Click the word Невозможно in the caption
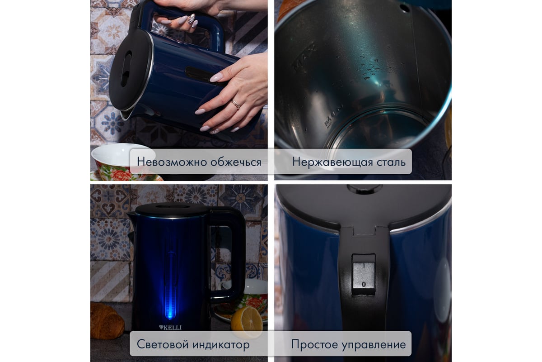point(172,162)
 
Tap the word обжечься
point(236,162)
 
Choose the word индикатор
point(220,344)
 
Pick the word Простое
point(315,344)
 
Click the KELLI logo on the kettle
point(170,328)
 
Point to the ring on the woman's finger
point(236,104)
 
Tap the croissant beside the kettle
point(107,320)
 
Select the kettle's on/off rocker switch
point(364,275)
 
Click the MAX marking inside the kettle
point(304,57)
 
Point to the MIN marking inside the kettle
point(333,116)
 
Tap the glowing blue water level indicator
point(171,286)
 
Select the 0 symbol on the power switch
point(364,284)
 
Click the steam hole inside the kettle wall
point(405,8)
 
